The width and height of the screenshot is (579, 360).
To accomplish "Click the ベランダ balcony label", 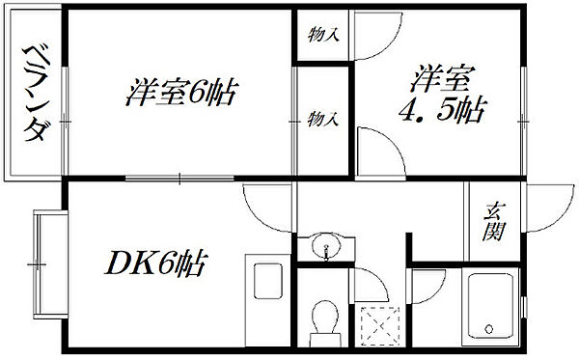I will tap(35, 94).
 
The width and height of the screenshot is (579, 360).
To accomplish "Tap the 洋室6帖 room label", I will tap(180, 93).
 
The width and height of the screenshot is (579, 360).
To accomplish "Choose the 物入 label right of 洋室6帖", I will tap(323, 120).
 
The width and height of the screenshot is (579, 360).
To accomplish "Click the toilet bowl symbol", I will tap(324, 317).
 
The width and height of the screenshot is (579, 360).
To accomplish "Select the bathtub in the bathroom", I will tap(490, 307).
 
